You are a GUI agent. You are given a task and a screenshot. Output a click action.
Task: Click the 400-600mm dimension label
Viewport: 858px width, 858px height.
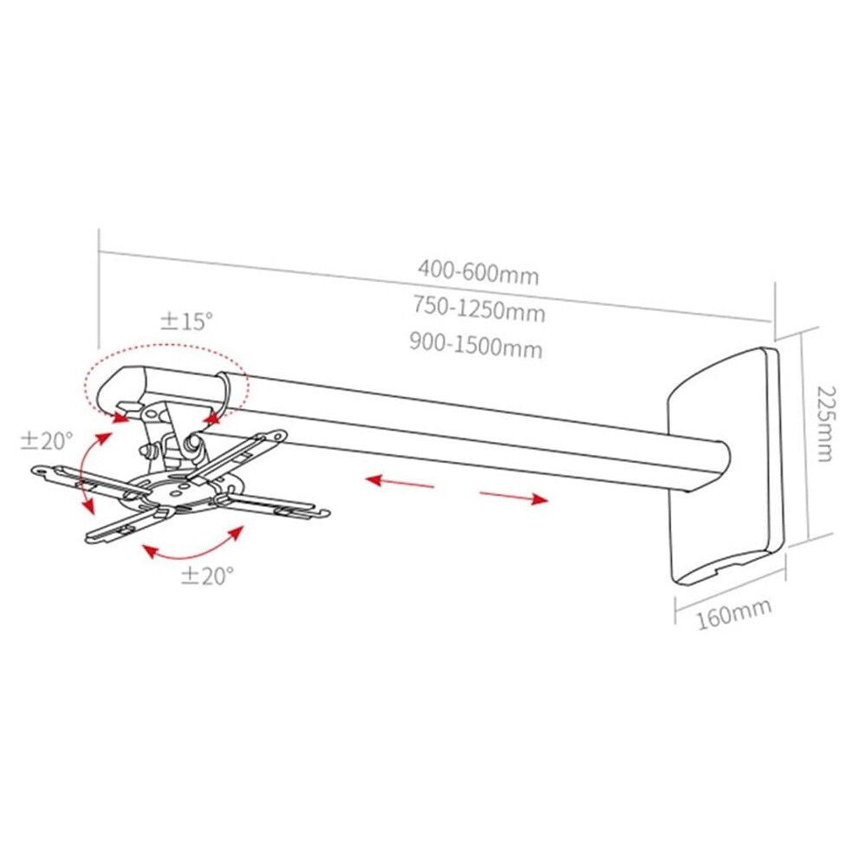[x=478, y=272]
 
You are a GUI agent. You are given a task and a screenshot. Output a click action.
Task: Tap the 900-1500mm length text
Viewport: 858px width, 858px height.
[x=476, y=345]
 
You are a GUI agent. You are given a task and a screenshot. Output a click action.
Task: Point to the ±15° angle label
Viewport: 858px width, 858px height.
[x=186, y=322]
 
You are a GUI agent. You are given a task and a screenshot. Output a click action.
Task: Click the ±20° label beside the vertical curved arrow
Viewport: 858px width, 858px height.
[x=47, y=440]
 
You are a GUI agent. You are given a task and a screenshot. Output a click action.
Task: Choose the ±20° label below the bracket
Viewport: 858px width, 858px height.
[x=207, y=575]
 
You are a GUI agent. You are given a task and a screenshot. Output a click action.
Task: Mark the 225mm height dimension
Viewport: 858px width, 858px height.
[x=826, y=424]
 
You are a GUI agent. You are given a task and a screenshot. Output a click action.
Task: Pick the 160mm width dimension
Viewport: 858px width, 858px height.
[x=734, y=614]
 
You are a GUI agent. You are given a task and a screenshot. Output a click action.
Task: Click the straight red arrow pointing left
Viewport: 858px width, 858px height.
[x=400, y=482]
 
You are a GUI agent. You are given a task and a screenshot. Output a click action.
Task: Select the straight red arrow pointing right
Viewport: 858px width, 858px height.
[x=514, y=497]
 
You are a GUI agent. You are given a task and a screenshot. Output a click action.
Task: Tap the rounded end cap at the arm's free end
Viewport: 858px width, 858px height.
[x=120, y=390]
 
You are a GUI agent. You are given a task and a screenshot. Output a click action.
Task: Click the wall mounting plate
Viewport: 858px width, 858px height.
[x=726, y=465]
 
